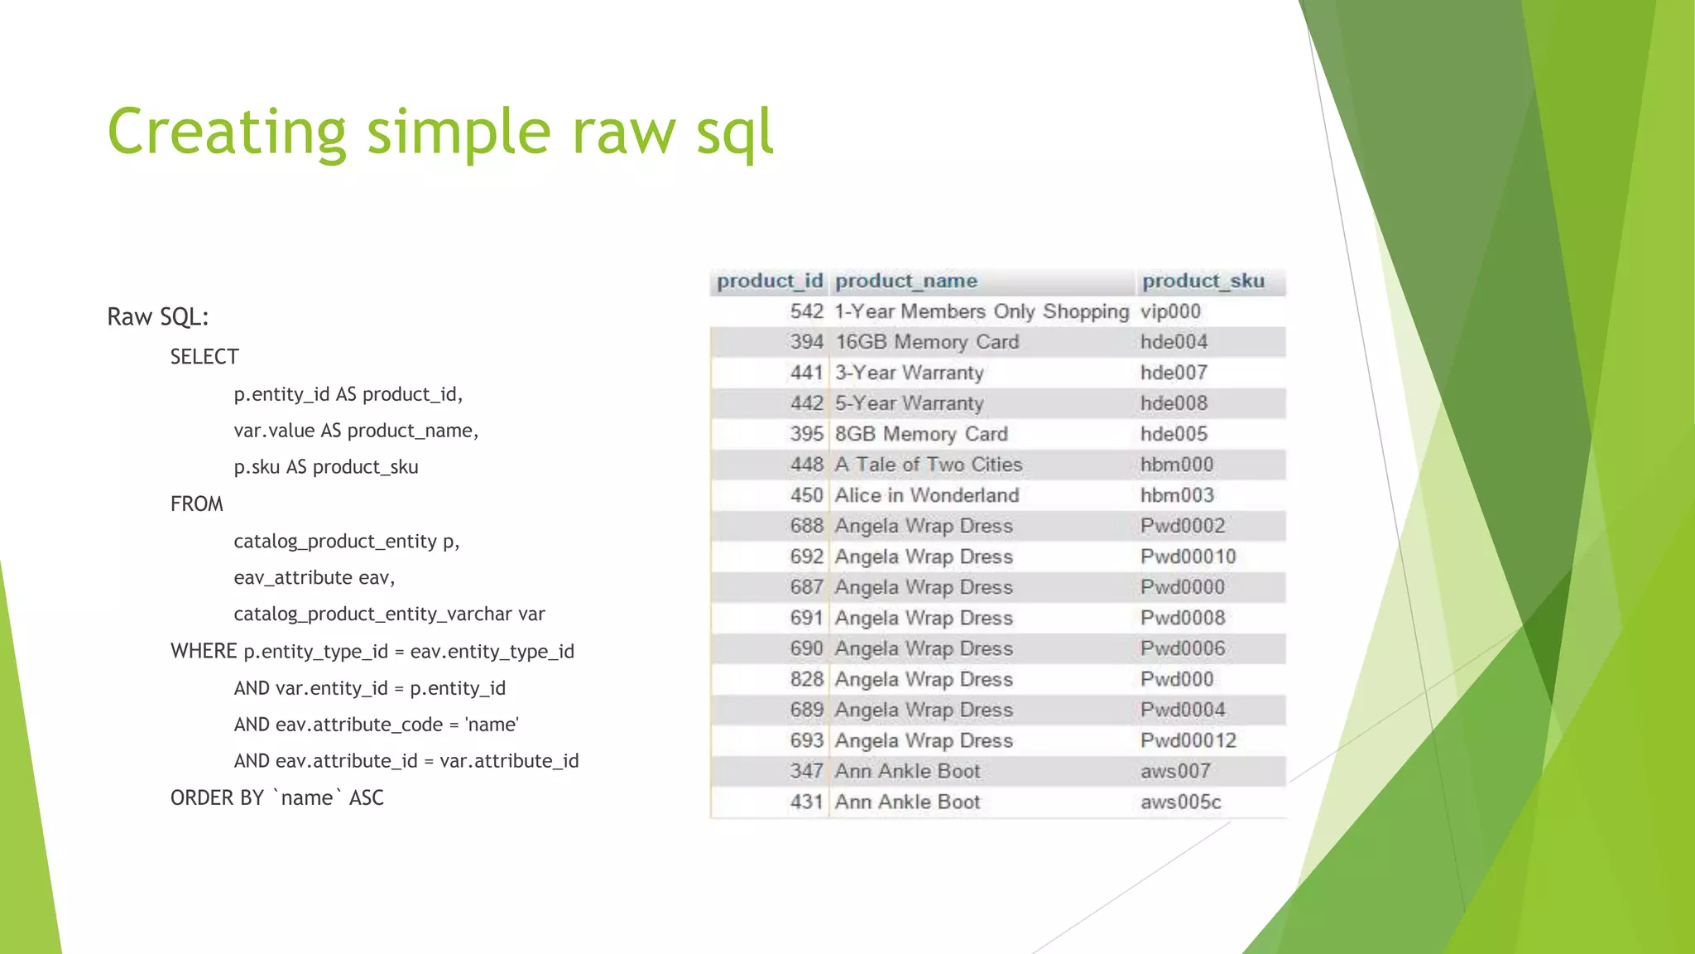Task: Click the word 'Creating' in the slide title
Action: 227,132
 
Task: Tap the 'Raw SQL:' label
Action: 157,316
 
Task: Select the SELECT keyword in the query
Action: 204,357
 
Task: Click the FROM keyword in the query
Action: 196,503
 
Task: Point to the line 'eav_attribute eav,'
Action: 314,577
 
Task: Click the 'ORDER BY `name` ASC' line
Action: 276,797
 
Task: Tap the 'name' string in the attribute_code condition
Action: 492,725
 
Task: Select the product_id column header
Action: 769,282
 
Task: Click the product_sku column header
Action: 1203,282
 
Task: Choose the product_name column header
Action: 905,282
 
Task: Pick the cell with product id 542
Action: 806,311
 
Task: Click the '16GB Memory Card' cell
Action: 926,342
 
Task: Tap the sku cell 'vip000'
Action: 1169,311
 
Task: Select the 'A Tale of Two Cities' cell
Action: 928,465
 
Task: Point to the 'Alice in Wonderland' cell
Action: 926,495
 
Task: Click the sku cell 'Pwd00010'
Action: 1188,556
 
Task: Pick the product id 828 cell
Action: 806,679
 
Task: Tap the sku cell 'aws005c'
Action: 1180,802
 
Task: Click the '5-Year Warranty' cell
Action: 909,403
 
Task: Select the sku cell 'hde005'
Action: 1174,434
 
